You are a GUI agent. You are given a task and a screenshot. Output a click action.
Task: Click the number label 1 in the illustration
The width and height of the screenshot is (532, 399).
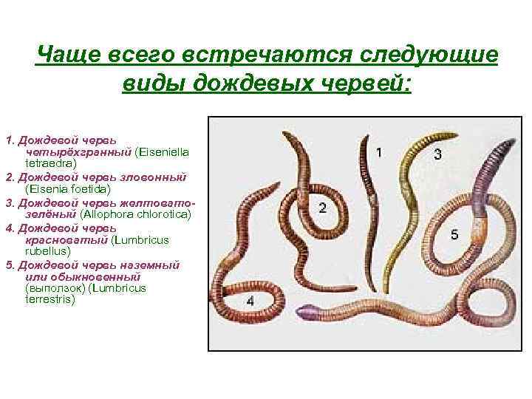pyautogui.click(x=379, y=153)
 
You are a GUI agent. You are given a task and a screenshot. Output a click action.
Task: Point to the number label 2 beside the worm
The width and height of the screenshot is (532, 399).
pyautogui.click(x=324, y=208)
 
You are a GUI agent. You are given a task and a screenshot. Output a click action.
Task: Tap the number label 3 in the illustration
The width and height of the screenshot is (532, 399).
pyautogui.click(x=438, y=154)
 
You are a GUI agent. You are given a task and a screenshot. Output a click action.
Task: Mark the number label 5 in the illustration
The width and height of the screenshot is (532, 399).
pyautogui.click(x=454, y=234)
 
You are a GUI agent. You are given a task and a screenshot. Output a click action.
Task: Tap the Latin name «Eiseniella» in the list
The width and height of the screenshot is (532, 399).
pyautogui.click(x=163, y=151)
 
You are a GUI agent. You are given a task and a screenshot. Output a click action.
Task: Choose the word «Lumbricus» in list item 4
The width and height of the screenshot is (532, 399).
pyautogui.click(x=143, y=239)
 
